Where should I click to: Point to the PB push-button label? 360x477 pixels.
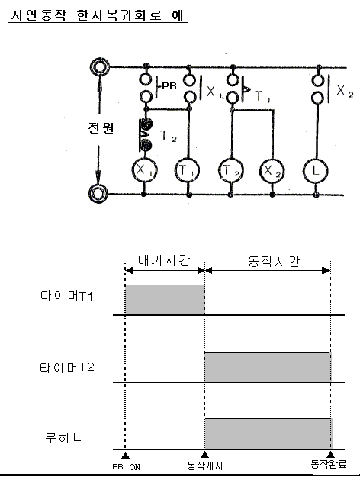pos(169,86)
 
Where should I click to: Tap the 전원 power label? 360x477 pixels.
pos(101,127)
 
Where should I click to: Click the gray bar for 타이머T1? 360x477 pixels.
pos(165,300)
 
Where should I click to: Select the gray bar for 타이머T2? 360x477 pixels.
pos(268,366)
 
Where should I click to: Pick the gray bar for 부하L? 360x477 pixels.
pos(268,433)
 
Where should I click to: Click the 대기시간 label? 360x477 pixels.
pos(164,260)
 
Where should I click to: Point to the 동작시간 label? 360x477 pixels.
pos(274,261)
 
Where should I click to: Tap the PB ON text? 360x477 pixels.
pos(127,466)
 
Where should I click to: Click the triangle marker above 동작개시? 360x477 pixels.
pos(205,455)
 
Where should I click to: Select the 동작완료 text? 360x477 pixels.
pos(329,464)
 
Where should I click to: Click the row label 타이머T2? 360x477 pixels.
pos(67,368)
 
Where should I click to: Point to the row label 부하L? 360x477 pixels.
pos(63,438)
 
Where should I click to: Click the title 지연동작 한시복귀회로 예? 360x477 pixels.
pos(98,15)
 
